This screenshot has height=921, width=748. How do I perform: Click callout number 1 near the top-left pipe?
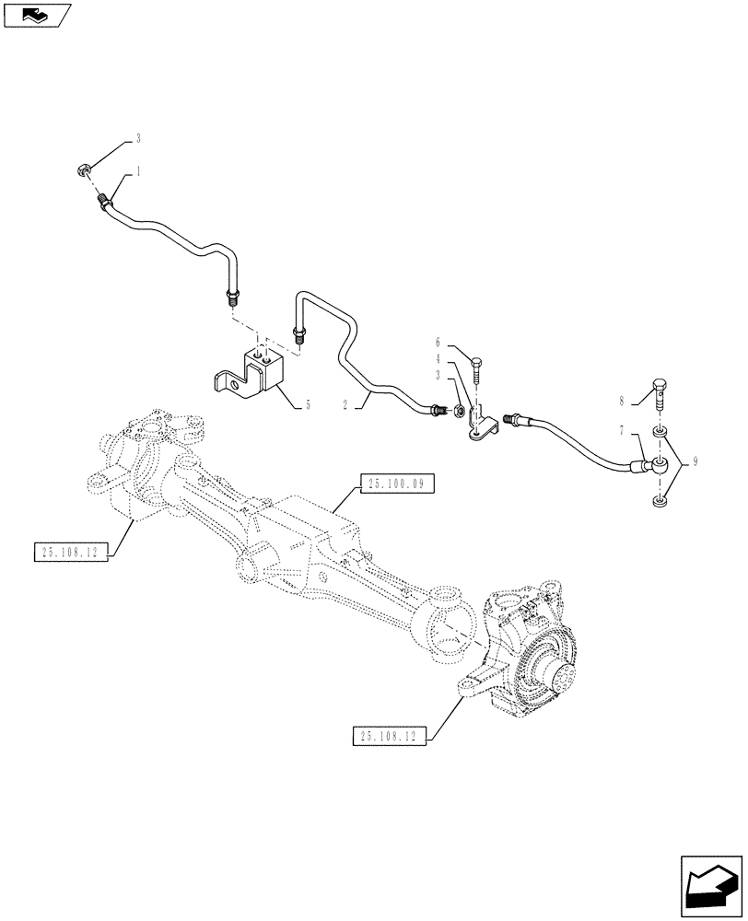pyautogui.click(x=138, y=170)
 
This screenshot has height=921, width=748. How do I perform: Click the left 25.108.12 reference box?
pyautogui.click(x=70, y=552)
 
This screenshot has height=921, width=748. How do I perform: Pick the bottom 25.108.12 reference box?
pyautogui.click(x=390, y=736)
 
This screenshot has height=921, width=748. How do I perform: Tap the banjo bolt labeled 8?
pyautogui.click(x=660, y=393)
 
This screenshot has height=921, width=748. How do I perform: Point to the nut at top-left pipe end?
pyautogui.click(x=83, y=169)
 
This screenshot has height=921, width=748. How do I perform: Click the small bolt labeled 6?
pyautogui.click(x=477, y=372)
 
